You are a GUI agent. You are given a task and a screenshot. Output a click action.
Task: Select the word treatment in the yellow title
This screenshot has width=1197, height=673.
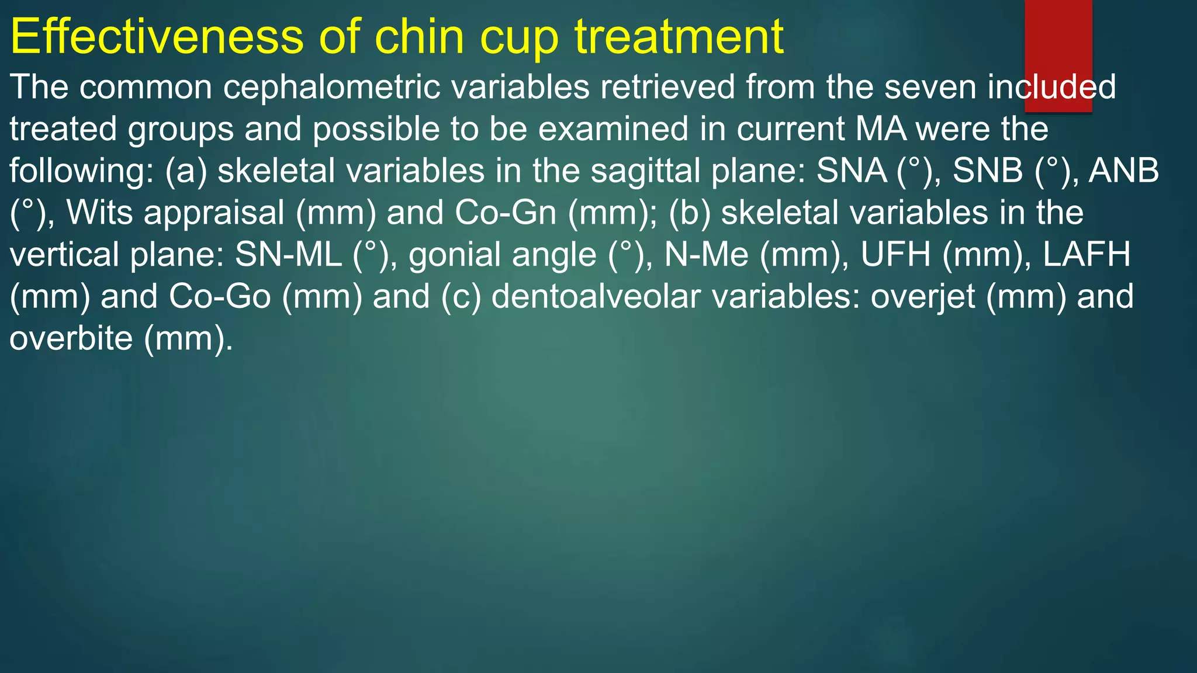click(x=679, y=37)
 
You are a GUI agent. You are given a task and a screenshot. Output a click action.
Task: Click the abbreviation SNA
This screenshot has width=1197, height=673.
click(x=852, y=171)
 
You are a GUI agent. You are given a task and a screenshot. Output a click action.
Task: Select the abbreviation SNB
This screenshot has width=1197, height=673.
click(x=988, y=171)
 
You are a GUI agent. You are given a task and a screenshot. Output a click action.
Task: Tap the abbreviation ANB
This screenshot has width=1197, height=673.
click(x=1123, y=171)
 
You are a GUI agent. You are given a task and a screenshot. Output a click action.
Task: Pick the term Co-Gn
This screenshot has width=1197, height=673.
click(x=506, y=213)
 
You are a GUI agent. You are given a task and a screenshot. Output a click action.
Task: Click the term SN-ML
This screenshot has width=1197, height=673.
click(x=288, y=255)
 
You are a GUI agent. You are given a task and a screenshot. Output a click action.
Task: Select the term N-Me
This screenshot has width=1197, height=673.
click(x=706, y=255)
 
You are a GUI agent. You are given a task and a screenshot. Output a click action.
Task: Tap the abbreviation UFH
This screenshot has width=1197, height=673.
click(x=895, y=255)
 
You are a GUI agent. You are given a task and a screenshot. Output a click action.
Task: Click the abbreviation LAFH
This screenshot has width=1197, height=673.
click(x=1087, y=255)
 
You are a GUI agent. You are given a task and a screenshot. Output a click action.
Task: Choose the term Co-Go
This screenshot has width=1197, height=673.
click(x=220, y=297)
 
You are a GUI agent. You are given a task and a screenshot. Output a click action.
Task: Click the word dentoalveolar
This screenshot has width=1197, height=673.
click(x=596, y=297)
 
